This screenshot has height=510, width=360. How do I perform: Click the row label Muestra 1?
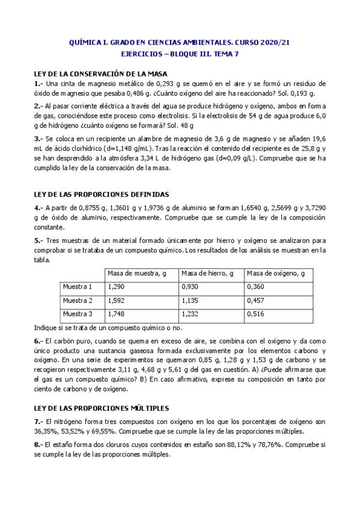tap(78, 287)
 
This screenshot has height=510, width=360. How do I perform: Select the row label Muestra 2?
tap(78, 300)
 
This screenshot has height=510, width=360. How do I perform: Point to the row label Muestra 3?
tap(78, 314)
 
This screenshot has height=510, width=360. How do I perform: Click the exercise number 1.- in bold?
tap(38, 84)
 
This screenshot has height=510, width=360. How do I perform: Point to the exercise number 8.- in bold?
tap(38, 444)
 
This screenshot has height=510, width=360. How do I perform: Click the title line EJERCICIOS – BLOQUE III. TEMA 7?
tap(180, 53)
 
